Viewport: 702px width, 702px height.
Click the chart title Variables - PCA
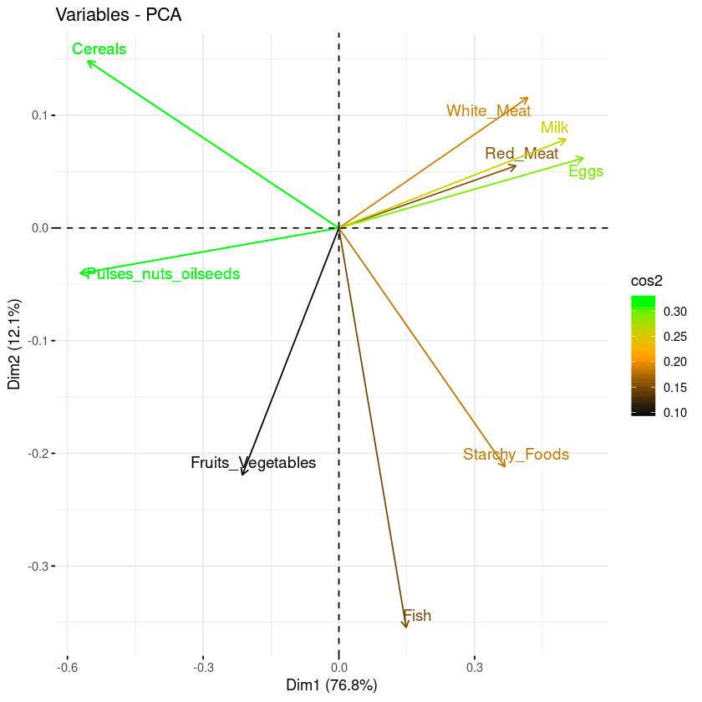pos(118,15)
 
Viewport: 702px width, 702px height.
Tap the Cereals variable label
pos(99,49)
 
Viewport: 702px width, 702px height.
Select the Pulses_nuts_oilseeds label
pos(163,274)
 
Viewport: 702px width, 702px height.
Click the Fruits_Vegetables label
pos(253,463)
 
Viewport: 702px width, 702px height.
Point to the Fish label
pos(417,617)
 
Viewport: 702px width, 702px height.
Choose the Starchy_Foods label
pos(516,455)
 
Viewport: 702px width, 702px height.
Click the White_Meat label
pos(488,110)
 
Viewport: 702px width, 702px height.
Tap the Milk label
pos(554,128)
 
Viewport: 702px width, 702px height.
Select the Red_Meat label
pos(521,154)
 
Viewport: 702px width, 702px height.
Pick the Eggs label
pos(586,172)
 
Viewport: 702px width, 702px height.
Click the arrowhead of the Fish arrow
pos(406,627)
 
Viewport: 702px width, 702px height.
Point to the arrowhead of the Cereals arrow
pos(88,61)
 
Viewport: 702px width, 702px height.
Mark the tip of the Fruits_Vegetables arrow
pos(242,475)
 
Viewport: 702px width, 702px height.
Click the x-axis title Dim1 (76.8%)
pos(332,685)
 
